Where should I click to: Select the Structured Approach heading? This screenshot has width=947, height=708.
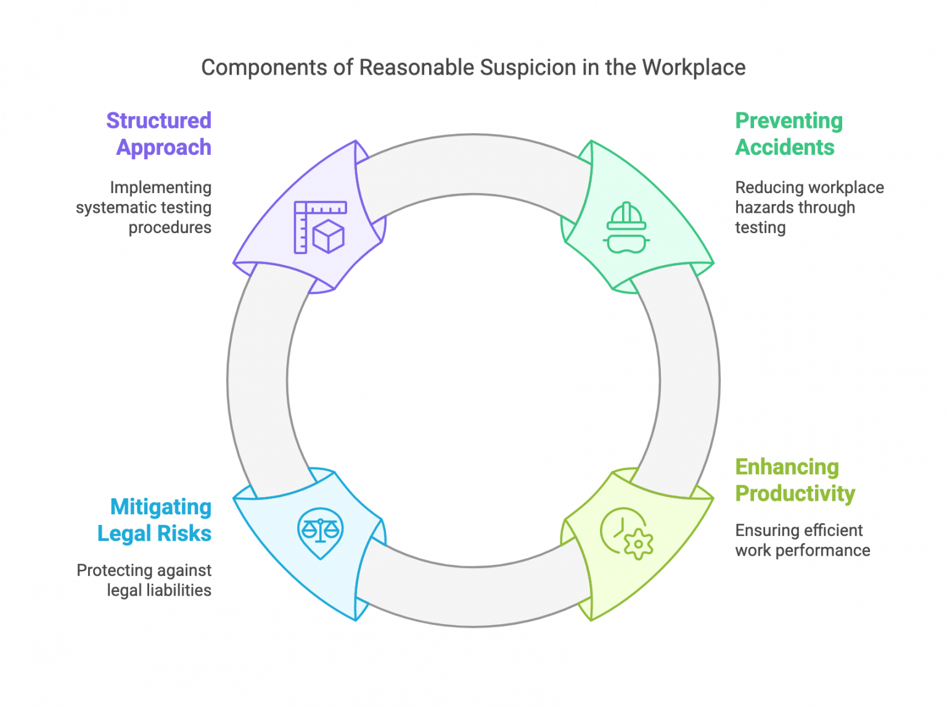tap(159, 134)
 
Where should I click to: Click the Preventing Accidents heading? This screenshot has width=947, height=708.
tap(789, 134)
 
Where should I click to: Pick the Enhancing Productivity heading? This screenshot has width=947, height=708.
tap(795, 480)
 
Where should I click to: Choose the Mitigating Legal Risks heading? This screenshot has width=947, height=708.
tap(155, 520)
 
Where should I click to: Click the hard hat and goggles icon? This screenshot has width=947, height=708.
tap(626, 228)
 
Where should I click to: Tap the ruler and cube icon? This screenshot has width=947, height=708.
tap(320, 227)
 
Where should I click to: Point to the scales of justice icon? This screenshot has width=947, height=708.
tap(320, 532)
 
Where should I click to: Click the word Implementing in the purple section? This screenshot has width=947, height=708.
tap(160, 187)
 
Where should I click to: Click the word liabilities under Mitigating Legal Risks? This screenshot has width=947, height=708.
tap(178, 590)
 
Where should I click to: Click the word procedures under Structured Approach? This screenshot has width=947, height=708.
tap(170, 228)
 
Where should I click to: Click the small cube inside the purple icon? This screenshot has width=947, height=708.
tap(328, 236)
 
